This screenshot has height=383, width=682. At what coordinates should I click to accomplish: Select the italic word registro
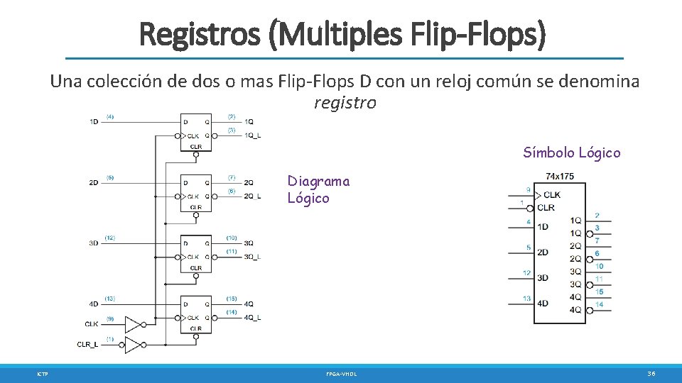point(345,103)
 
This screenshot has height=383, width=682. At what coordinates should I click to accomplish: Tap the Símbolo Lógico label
point(571,152)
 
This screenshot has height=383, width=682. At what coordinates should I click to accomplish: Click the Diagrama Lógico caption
point(318,189)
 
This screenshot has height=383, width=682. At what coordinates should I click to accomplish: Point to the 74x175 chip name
point(559,176)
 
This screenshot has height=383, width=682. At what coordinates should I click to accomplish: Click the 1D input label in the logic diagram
point(94,122)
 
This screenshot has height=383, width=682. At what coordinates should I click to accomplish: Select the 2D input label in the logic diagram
point(94,183)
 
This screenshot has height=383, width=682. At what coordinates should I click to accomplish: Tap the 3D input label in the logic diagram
point(94,243)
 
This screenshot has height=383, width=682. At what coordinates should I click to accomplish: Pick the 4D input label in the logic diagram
point(94,304)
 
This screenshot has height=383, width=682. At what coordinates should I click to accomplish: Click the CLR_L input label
point(89,345)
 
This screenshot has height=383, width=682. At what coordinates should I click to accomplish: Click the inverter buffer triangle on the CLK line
point(133,324)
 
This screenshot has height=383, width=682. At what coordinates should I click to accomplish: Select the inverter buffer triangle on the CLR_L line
point(133,345)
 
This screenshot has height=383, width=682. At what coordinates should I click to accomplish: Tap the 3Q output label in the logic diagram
point(249,243)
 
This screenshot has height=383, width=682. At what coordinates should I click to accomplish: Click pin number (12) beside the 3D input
point(110,238)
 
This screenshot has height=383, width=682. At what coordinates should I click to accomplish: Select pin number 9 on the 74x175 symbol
point(528,190)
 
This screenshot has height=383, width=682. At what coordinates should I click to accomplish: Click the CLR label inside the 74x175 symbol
point(546,207)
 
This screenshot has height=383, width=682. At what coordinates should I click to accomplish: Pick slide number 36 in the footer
point(651,373)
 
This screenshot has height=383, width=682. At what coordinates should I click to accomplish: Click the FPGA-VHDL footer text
point(341,373)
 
